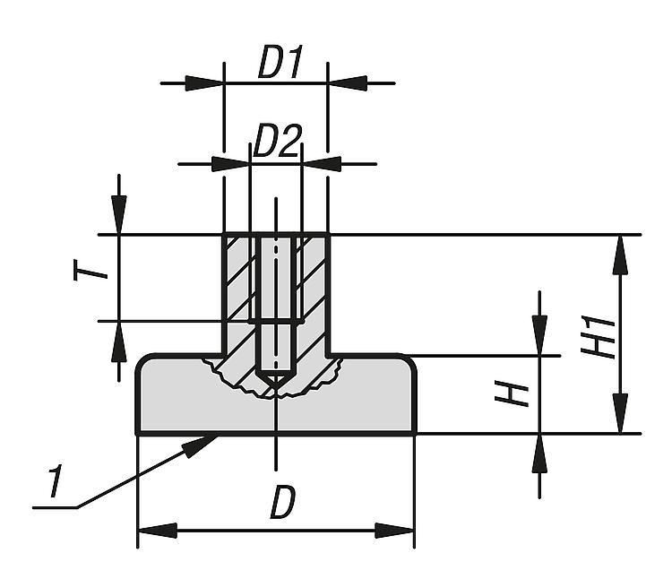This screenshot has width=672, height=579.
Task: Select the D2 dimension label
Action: click(276, 143)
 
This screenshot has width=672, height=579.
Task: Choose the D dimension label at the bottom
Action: click(282, 505)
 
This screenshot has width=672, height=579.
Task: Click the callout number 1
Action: click(55, 485)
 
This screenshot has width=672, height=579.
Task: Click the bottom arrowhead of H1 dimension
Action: click(619, 415)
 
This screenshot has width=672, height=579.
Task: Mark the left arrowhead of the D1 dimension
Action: click(204, 83)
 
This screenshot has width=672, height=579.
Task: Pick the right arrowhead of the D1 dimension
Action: click(348, 83)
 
